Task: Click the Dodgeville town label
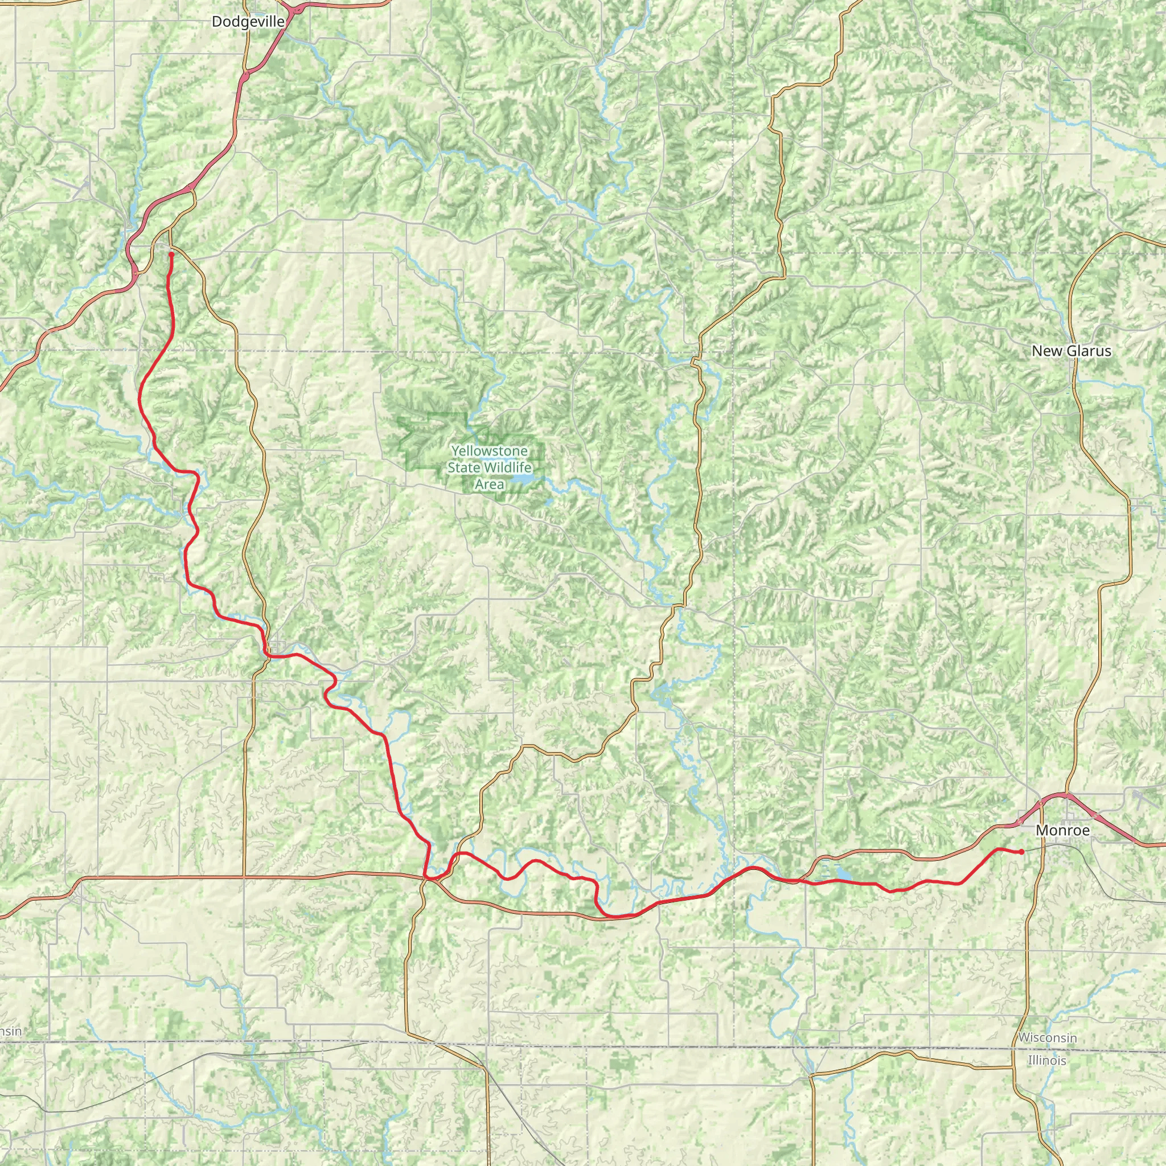[x=248, y=22]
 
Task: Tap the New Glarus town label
[x=1071, y=351]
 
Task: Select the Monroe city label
[x=1062, y=831]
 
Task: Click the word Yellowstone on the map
[x=490, y=451]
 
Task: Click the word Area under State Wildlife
[x=490, y=484]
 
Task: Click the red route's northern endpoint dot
[x=171, y=254]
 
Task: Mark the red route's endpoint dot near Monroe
[x=1021, y=852]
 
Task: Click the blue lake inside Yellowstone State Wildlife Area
[x=523, y=481]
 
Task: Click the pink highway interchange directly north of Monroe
[x=1066, y=795]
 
